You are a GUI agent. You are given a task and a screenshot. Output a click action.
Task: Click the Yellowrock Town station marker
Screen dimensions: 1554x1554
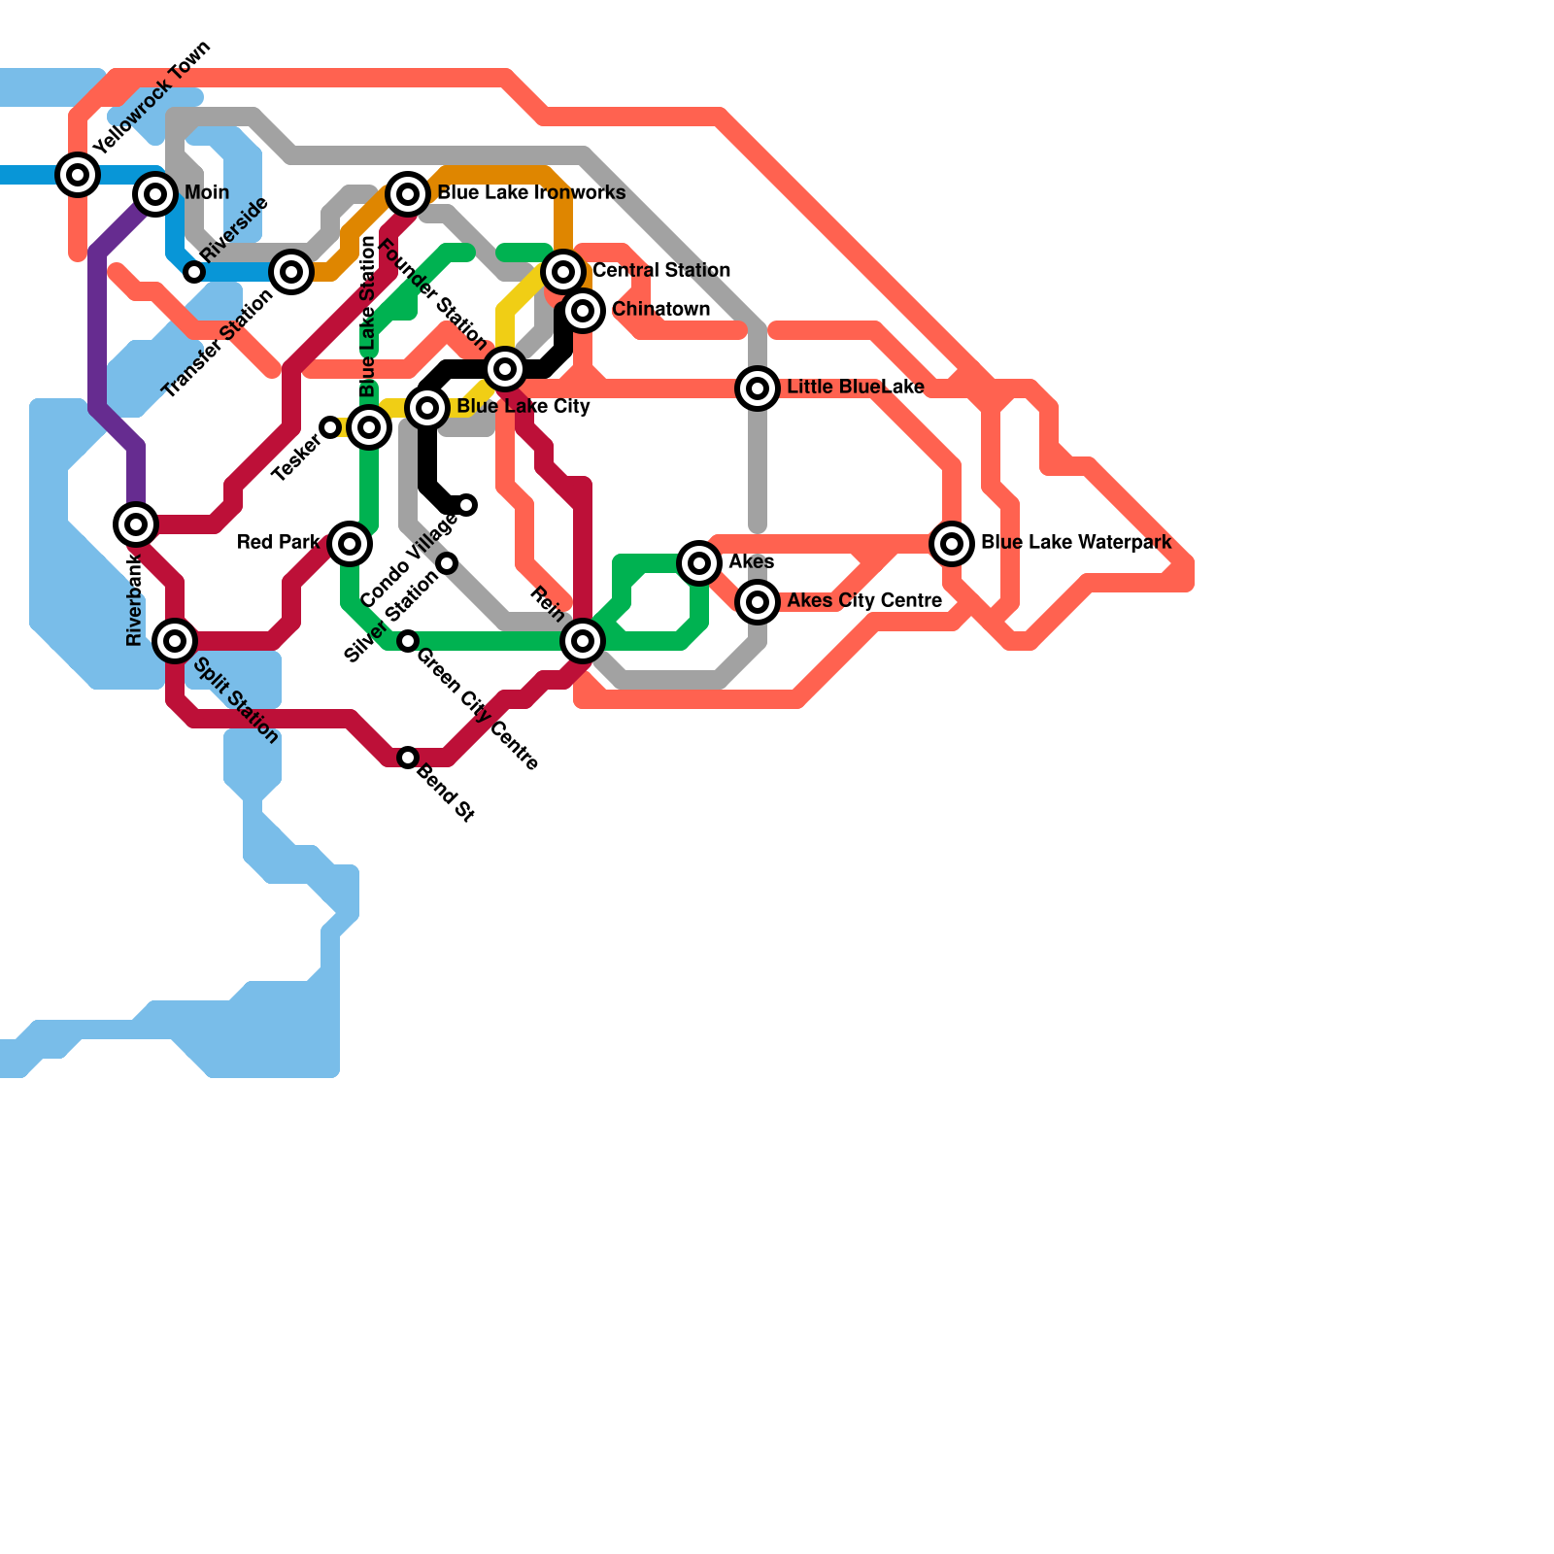click(x=78, y=175)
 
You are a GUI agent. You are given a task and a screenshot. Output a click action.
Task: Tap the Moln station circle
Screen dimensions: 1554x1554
click(x=155, y=194)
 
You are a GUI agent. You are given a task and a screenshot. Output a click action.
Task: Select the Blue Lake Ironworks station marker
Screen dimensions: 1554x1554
click(x=408, y=194)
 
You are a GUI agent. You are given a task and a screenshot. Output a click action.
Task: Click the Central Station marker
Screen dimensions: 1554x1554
click(x=563, y=272)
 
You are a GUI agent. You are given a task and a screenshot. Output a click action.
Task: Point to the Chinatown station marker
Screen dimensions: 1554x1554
click(x=583, y=311)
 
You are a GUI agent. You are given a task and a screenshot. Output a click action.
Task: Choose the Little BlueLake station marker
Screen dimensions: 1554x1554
click(x=758, y=388)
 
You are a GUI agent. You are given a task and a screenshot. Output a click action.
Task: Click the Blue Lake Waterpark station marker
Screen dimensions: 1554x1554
click(x=952, y=544)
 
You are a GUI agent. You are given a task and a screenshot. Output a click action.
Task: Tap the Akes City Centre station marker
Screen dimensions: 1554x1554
click(x=758, y=602)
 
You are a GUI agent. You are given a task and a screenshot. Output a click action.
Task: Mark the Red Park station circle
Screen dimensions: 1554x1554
click(x=350, y=544)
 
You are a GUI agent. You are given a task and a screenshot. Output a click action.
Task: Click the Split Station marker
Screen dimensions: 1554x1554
click(x=175, y=641)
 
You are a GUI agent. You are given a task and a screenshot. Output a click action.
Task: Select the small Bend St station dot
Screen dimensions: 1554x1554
click(x=408, y=758)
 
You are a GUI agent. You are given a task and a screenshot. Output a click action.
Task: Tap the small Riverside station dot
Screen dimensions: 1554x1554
click(x=194, y=272)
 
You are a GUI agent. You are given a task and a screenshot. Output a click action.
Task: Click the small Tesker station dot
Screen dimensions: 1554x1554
click(x=330, y=427)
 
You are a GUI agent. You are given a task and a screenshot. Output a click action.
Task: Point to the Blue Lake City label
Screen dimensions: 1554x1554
click(x=524, y=407)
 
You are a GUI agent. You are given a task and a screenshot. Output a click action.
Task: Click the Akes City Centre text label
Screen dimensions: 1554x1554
click(x=864, y=601)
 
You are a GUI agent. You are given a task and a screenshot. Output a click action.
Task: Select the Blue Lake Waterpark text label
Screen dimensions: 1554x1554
click(x=1076, y=543)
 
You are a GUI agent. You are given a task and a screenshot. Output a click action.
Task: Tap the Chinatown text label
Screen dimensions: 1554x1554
click(x=660, y=310)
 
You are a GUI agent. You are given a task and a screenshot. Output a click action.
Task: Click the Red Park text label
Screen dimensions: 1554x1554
click(x=279, y=543)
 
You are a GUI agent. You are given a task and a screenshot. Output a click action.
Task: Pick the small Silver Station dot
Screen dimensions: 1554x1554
click(x=447, y=563)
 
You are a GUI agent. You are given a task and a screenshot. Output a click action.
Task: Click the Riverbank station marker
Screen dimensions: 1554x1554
click(x=136, y=524)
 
